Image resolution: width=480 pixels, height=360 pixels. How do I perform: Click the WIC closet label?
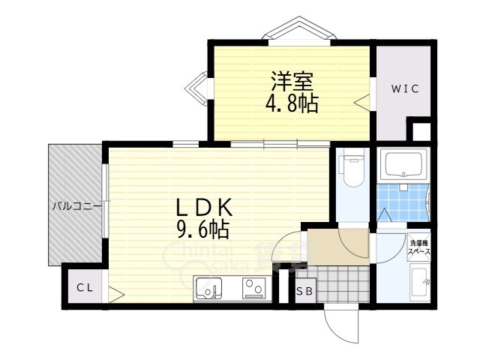[403, 88]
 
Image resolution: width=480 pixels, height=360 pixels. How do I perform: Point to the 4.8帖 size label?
[291, 103]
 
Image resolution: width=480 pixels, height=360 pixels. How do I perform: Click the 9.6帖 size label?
[202, 226]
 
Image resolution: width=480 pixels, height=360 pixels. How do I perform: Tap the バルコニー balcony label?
[76, 205]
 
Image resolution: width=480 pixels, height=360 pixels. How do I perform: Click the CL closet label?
[83, 287]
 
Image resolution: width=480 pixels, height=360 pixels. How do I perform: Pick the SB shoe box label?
[304, 292]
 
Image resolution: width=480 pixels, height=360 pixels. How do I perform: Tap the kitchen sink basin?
[208, 287]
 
